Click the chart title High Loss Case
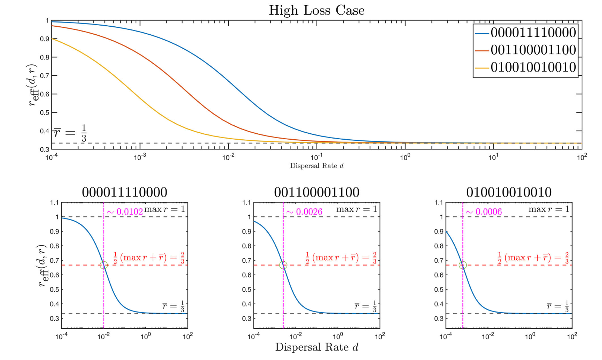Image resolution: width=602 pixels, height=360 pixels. (x=316, y=10)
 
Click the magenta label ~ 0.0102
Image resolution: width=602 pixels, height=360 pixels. (x=125, y=212)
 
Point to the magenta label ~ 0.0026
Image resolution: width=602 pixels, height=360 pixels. (x=304, y=212)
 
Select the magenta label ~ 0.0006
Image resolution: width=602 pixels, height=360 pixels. (x=484, y=212)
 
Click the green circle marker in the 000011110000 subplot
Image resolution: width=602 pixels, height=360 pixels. (x=104, y=265)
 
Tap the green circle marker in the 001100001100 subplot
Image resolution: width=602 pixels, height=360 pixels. (x=283, y=265)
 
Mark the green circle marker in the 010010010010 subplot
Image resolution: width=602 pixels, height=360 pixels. (x=463, y=265)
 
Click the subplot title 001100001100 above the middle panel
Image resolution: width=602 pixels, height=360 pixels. (x=316, y=192)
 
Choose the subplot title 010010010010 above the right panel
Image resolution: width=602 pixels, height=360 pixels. (x=509, y=192)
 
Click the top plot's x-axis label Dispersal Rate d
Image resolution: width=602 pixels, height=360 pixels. (x=316, y=166)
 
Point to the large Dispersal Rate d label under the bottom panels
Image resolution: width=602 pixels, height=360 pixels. (x=316, y=347)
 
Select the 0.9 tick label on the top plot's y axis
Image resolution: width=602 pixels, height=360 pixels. (x=45, y=39)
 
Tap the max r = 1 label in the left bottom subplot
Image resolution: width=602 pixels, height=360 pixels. (x=165, y=209)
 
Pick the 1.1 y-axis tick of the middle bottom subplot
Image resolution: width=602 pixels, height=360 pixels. (x=246, y=203)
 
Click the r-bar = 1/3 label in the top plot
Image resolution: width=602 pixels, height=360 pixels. (x=70, y=134)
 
